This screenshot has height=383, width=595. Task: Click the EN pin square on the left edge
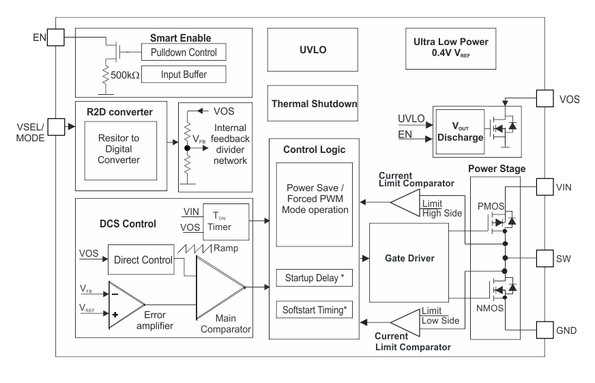pos(55,36)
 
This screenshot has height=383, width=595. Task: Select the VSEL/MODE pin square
pos(55,126)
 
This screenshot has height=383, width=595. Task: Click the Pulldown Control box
pos(182,52)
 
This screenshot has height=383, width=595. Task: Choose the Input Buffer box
pos(182,74)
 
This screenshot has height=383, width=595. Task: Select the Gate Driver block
pos(408,259)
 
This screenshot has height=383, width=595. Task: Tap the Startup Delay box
pos(314,279)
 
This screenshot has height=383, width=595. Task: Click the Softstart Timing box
pos(314,309)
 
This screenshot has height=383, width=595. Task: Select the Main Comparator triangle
pos(218,287)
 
